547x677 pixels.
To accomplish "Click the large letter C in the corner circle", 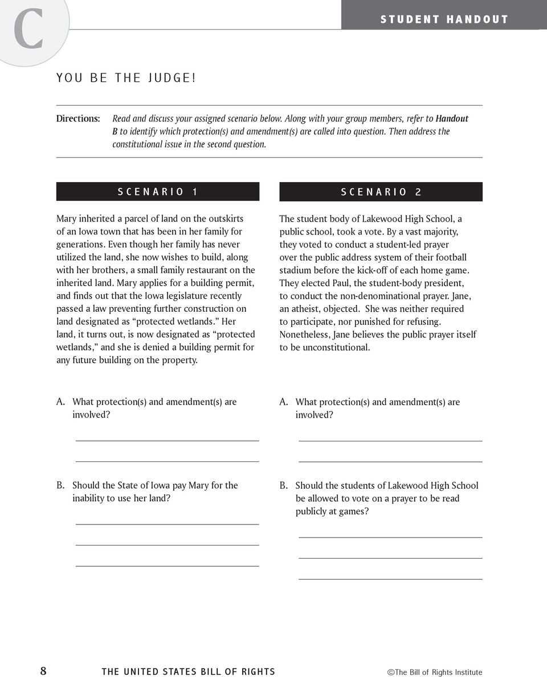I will (x=29, y=30).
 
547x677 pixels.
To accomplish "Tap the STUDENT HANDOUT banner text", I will (x=444, y=19).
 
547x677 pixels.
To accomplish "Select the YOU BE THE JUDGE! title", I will (x=126, y=78).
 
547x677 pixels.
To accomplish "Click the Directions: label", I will (x=78, y=118).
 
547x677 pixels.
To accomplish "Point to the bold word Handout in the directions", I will (x=452, y=118).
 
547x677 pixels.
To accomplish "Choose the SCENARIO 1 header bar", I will (x=158, y=192).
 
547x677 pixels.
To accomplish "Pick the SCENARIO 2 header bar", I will (x=381, y=192).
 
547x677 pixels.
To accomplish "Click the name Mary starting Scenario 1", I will (x=67, y=219).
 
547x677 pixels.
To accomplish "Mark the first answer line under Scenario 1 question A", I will (x=167, y=440).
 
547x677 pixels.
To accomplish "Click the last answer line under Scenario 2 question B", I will (x=390, y=579).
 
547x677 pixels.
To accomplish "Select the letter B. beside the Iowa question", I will (x=60, y=485).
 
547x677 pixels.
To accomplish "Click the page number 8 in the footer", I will (x=43, y=671).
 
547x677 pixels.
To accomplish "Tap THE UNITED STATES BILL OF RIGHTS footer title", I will (x=188, y=672).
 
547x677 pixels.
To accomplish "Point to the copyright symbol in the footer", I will (x=391, y=672).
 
